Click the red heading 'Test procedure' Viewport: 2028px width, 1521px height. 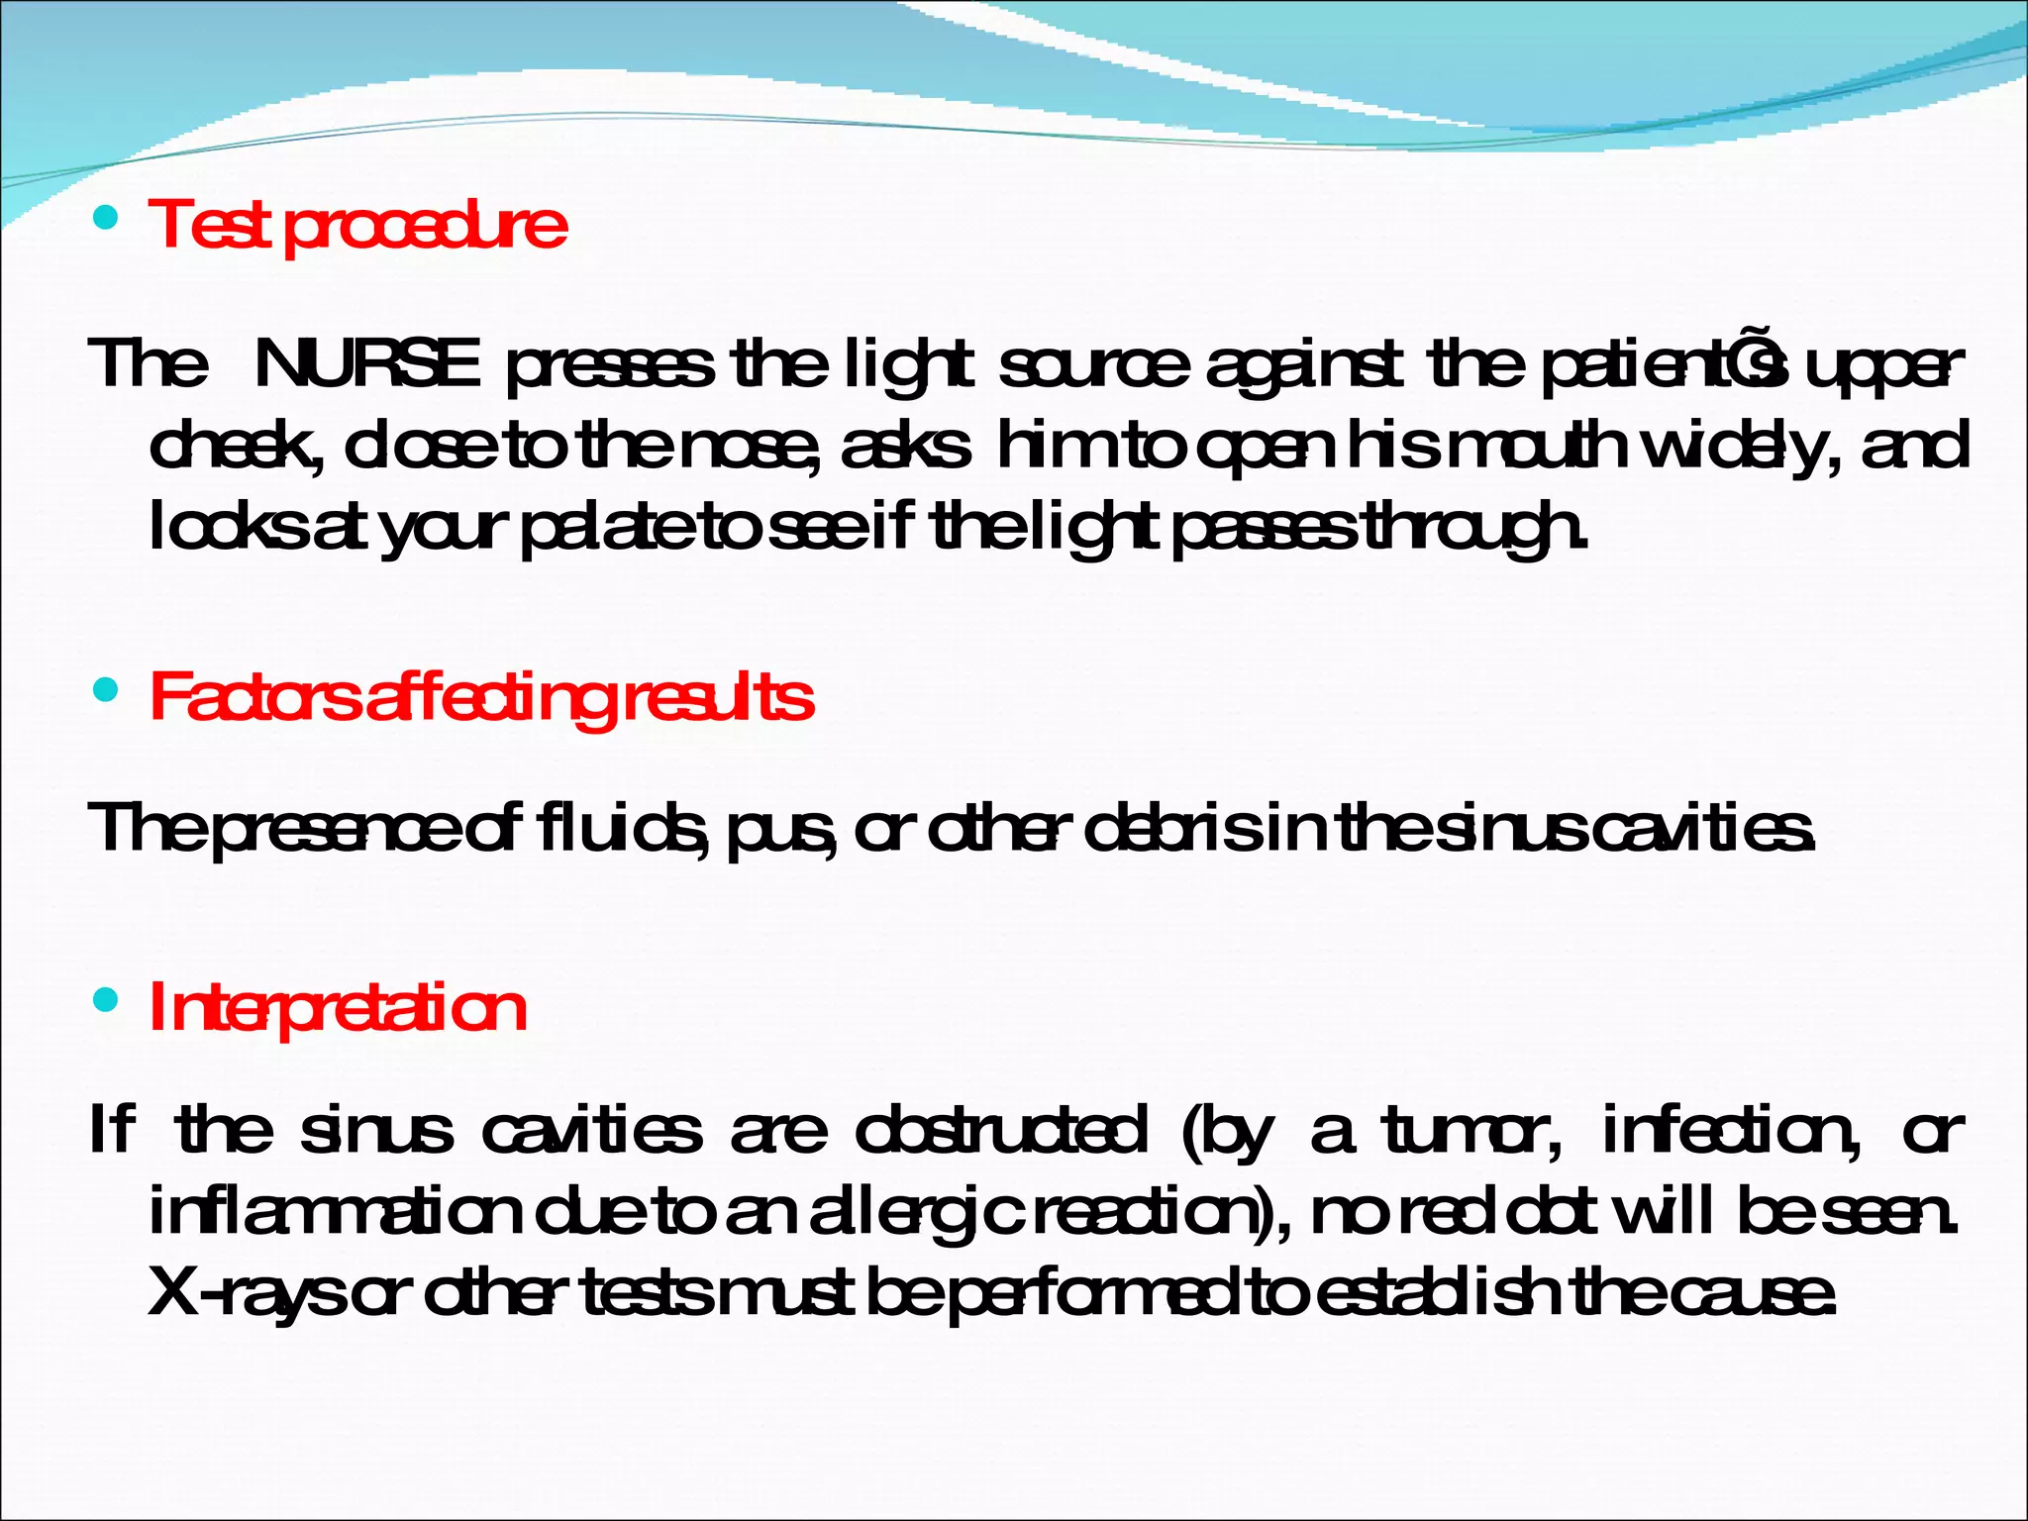click(357, 225)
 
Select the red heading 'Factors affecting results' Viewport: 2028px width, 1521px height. click(481, 698)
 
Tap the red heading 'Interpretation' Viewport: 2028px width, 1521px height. click(338, 1009)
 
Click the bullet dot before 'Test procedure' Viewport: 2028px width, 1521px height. click(104, 217)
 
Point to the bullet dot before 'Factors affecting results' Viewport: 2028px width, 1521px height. click(104, 690)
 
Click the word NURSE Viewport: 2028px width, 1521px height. click(367, 364)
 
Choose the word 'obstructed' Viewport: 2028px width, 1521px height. click(1001, 1131)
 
